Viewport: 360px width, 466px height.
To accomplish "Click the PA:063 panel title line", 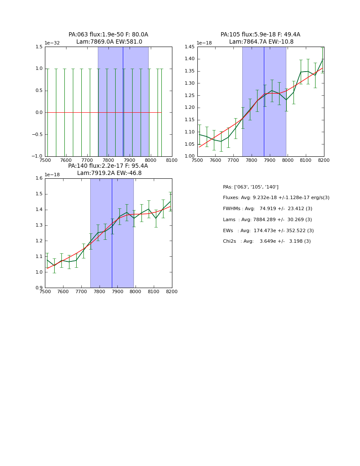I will click(108, 35).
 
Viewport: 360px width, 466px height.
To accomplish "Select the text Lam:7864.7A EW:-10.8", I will click(261, 42).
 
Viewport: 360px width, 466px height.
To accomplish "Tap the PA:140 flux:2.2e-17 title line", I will click(108, 166).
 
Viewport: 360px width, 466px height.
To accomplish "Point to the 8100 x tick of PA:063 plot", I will click(172, 161).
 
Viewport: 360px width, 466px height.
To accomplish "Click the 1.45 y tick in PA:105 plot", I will click(189, 47).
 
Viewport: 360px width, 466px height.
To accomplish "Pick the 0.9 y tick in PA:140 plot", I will click(39, 288).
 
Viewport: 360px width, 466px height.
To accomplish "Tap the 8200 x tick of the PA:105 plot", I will click(324, 161).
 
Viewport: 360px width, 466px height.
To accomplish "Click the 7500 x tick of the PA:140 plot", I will click(45, 291).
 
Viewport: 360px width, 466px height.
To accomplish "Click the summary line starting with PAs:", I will click(250, 187).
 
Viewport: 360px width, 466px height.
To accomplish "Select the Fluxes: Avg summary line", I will click(276, 198).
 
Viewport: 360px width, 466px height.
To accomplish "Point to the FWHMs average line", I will click(267, 209).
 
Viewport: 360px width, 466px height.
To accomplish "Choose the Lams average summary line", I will click(267, 220).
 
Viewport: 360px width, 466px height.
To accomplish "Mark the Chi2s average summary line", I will click(266, 241).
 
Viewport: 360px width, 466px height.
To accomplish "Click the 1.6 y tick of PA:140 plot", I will click(39, 178).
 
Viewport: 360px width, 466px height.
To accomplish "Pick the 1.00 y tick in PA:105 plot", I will click(189, 156).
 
